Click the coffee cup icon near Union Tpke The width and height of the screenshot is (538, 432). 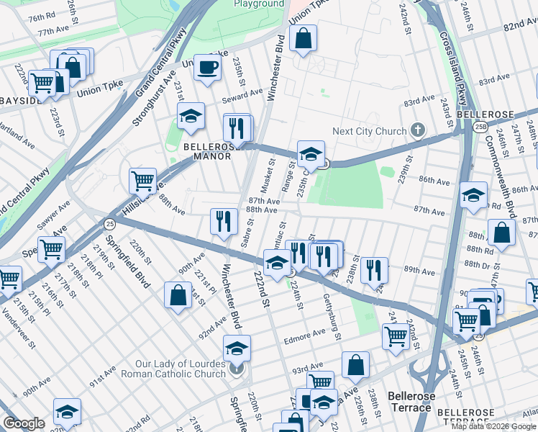pos(208,68)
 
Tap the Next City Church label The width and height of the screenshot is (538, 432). pos(369,131)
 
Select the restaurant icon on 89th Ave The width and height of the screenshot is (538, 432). pos(373,270)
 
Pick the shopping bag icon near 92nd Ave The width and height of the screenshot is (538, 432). pos(178,295)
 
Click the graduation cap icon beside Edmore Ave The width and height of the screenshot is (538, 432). pos(236,349)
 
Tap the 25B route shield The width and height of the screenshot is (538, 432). pos(479,127)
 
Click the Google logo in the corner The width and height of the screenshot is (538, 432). pos(24,423)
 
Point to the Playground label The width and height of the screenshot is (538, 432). pos(259,4)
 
